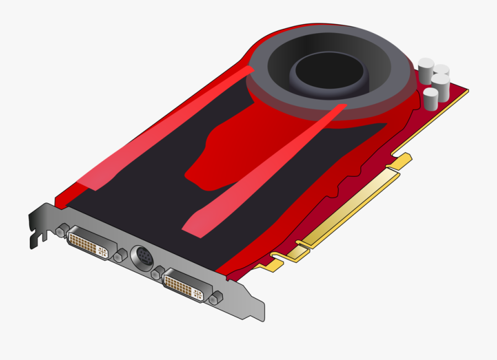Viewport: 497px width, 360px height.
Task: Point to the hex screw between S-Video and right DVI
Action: [x=157, y=273]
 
